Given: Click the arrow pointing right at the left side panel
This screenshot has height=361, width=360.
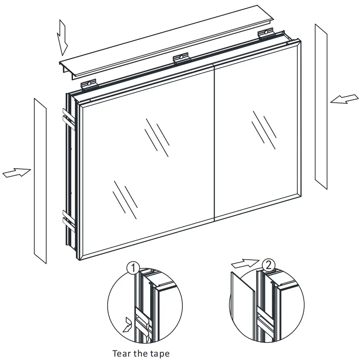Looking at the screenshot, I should (17, 173).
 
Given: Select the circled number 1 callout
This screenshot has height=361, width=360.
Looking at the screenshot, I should (133, 269).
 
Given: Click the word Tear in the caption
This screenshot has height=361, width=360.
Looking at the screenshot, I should (121, 354).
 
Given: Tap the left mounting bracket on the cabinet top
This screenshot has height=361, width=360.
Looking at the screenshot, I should (89, 83).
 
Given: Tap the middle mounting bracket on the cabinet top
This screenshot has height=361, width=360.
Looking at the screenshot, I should (181, 58).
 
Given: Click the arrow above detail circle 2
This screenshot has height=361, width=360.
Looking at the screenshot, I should (245, 261).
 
